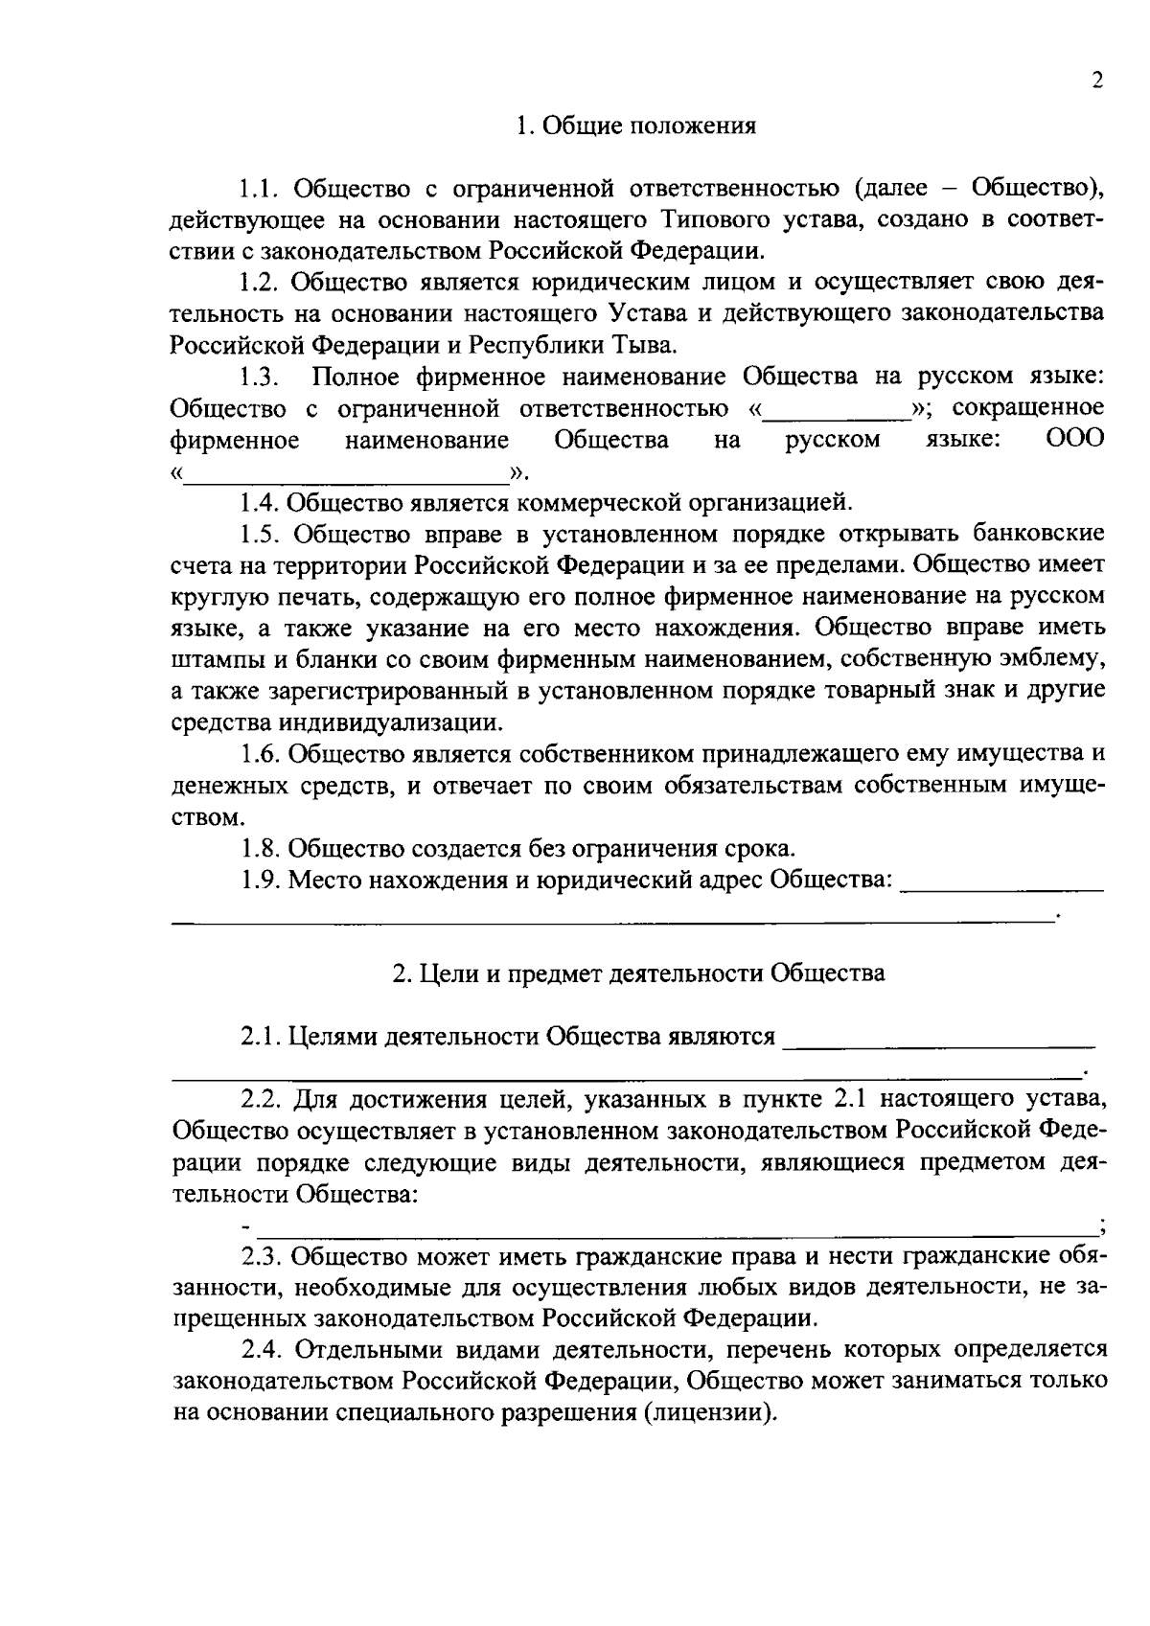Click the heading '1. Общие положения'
click(x=635, y=126)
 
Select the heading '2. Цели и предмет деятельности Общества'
click(x=638, y=973)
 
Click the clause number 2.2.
click(x=260, y=1099)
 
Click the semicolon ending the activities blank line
click(x=1103, y=1227)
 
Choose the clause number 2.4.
click(x=260, y=1351)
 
